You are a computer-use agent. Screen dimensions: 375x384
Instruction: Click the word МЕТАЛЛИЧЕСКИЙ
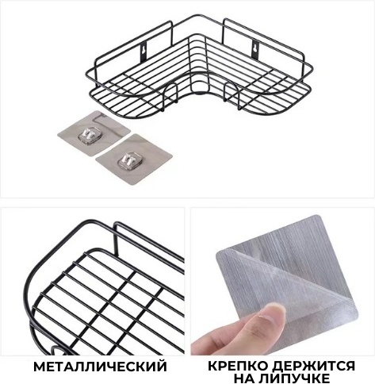[x=100, y=367]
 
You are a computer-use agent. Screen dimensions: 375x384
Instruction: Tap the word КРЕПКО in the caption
[x=237, y=366]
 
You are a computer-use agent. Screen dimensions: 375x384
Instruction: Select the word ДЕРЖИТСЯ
[x=313, y=367]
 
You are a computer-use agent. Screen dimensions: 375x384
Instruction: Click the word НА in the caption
[x=244, y=378]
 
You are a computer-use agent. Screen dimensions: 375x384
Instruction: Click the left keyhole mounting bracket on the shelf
[x=143, y=51]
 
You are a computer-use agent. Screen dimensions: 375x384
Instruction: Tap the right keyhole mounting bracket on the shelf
[x=255, y=49]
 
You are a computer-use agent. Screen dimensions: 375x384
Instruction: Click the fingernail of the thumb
[x=270, y=313]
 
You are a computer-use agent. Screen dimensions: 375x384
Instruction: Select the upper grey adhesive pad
[x=94, y=133]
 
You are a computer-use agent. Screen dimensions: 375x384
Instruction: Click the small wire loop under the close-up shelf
[x=57, y=351]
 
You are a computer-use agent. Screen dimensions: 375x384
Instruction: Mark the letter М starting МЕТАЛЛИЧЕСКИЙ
[x=40, y=367]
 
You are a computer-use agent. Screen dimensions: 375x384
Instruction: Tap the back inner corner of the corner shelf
[x=197, y=34]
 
